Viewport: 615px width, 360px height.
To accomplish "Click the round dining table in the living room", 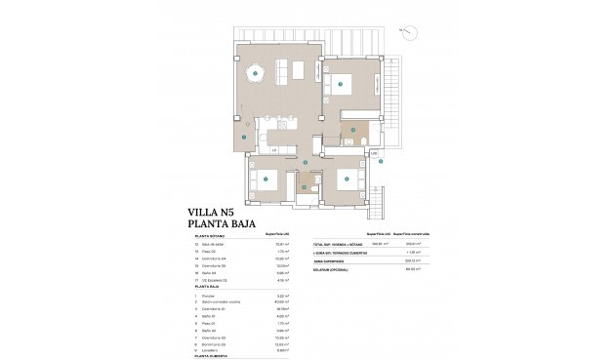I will (255, 70).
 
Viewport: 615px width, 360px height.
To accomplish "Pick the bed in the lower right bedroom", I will (343, 179).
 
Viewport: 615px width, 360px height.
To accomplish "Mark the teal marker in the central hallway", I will (306, 162).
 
